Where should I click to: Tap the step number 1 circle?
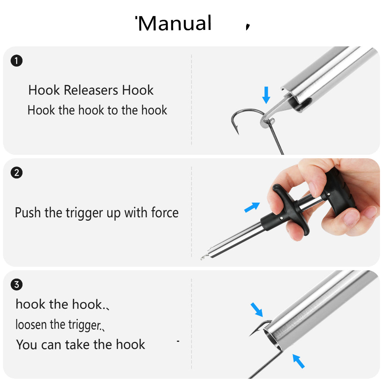tap(16, 61)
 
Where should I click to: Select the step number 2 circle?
tap(16, 172)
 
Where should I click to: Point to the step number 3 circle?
tap(16, 284)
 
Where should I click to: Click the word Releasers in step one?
tap(91, 90)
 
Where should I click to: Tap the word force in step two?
tap(165, 212)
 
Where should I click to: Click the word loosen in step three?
tap(31, 325)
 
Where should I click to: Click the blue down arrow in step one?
tap(266, 95)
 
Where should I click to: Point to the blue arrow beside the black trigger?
tap(252, 207)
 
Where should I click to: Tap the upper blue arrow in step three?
tap(257, 310)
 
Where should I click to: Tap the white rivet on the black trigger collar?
tap(282, 218)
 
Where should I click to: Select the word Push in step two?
tap(28, 212)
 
